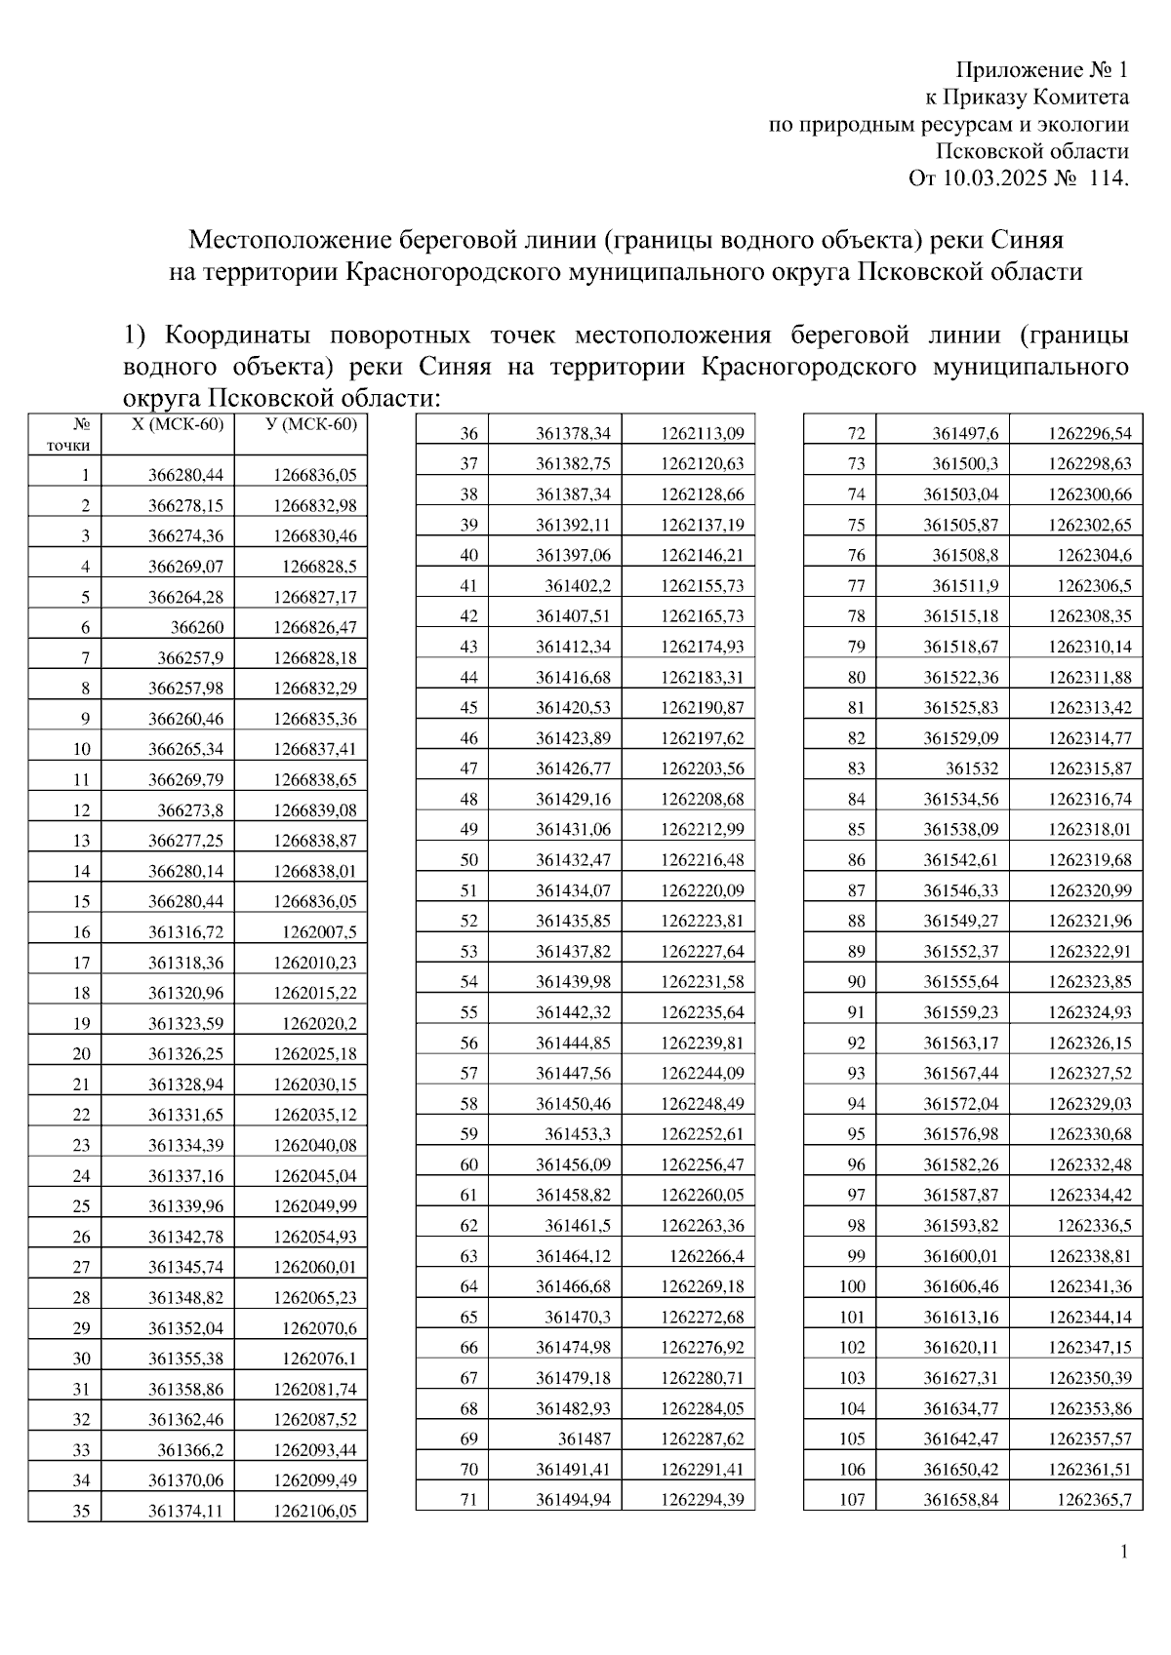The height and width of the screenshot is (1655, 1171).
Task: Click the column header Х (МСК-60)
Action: point(178,424)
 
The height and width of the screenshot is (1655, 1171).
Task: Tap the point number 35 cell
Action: point(82,1511)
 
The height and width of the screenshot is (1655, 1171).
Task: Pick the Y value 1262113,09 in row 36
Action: point(702,433)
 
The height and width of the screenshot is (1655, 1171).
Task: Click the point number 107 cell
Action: point(852,1499)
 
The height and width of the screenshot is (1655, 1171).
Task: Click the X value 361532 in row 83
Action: point(972,768)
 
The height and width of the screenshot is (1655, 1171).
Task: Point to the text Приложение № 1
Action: point(1041,70)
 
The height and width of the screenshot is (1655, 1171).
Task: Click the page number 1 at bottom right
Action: point(1124,1552)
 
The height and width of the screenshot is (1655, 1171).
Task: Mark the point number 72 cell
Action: point(856,433)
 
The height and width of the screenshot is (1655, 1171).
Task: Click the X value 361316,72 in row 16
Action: point(185,931)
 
